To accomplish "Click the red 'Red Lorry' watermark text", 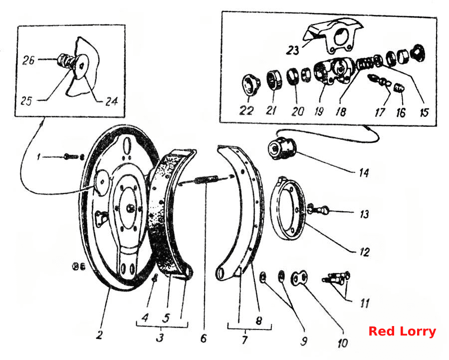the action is coord(402,332).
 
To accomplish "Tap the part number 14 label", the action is coord(364,173).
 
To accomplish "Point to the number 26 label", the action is coord(28,60).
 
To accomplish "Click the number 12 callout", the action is coord(364,252).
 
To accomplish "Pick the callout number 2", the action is coord(99,335).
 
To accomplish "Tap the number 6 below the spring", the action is coord(204,338).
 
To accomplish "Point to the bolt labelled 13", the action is coord(318,210).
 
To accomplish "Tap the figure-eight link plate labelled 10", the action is coord(299,278).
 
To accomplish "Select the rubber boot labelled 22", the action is coord(250,84).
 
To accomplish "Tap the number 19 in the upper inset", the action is coord(319,111).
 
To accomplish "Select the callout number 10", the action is coord(342,343).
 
